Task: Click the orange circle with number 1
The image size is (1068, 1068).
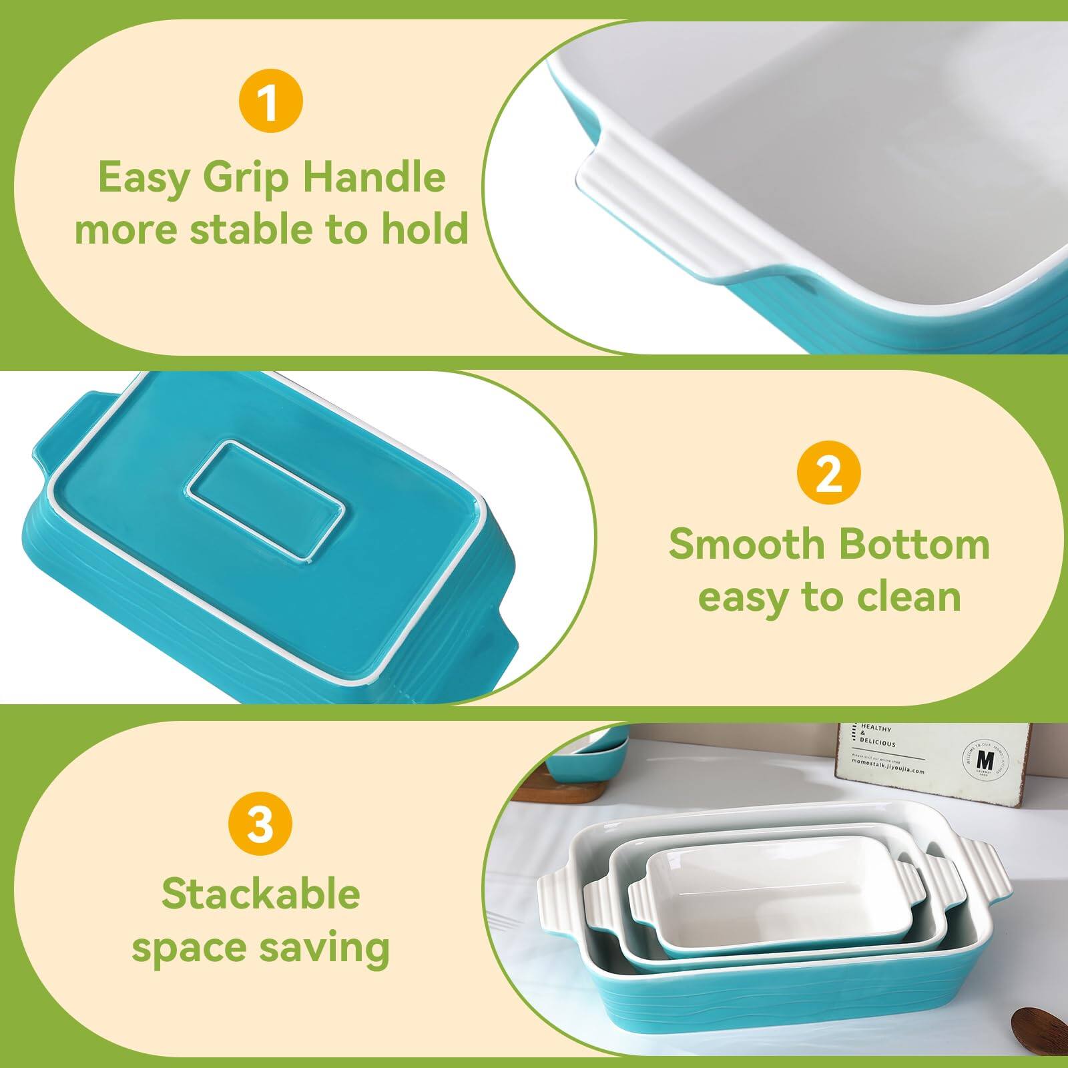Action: (270, 103)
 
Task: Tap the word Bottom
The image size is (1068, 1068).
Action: (914, 544)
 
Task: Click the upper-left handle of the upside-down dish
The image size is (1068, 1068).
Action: (67, 427)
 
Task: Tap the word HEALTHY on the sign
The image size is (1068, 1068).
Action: (876, 728)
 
